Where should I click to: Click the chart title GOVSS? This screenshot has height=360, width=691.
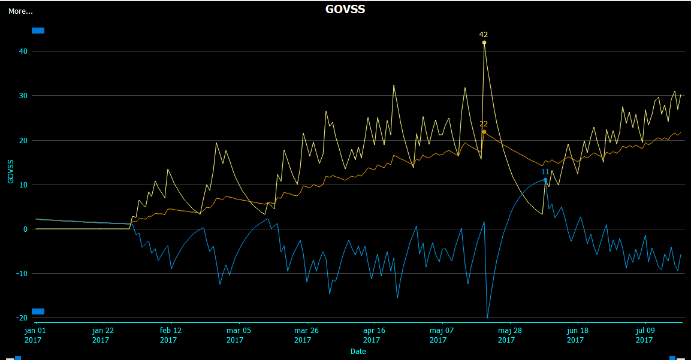(345, 9)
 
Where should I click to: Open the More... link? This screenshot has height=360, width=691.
(20, 11)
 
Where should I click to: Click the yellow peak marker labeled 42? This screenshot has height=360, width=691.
(484, 43)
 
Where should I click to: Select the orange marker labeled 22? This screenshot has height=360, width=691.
(484, 132)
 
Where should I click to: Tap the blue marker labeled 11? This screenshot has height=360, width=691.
(545, 180)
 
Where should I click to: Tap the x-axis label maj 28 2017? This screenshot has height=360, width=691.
(507, 335)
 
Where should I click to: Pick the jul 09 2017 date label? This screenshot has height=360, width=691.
(644, 335)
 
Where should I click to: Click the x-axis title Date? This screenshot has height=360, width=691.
(358, 352)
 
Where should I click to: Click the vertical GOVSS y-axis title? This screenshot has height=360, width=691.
(10, 171)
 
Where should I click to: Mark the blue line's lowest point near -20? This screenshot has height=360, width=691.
(487, 317)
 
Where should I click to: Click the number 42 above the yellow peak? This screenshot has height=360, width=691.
(484, 35)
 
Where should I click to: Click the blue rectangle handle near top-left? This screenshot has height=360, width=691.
(38, 31)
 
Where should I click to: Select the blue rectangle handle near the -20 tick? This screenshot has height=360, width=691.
(38, 311)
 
